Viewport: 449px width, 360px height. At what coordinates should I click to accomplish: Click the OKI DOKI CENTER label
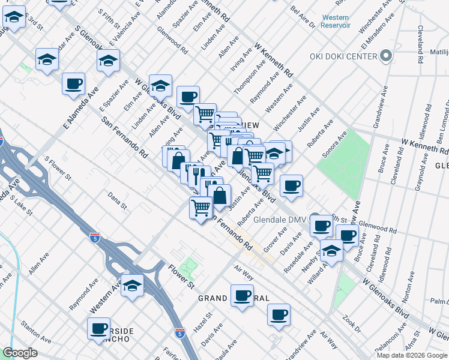[343, 57]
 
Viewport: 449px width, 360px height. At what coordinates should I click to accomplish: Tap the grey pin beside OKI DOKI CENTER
[386, 57]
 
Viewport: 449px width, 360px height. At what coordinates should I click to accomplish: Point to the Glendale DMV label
[280, 220]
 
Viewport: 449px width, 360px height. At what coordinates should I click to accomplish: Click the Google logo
[20, 353]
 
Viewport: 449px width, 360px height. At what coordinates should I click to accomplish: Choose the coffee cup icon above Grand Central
[243, 296]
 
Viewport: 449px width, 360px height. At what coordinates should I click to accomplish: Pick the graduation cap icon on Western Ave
[133, 286]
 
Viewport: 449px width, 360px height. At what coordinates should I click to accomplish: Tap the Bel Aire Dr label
[302, 16]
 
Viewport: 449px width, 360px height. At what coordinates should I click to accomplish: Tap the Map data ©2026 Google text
[412, 355]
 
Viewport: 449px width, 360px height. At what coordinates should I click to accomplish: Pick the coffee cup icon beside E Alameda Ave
[74, 84]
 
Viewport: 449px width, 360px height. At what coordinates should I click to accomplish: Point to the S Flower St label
[58, 169]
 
